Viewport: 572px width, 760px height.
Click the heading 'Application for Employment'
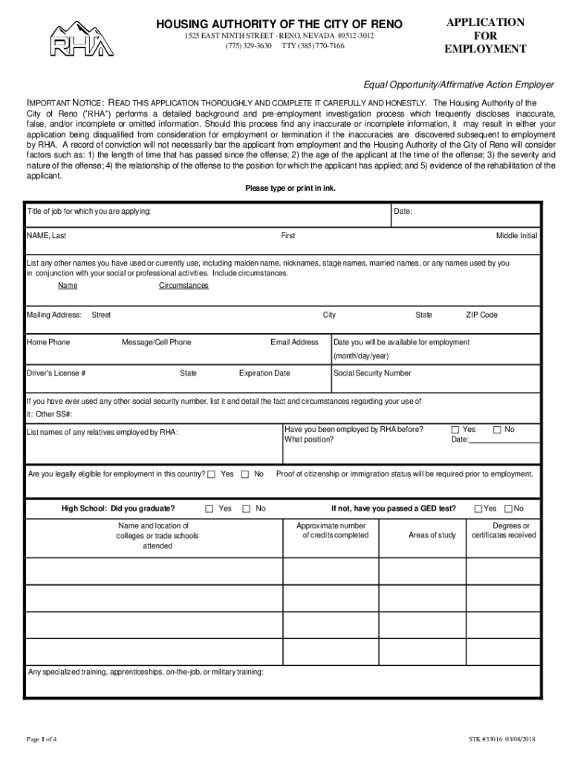point(485,36)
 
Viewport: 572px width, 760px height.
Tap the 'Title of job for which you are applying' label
point(89,212)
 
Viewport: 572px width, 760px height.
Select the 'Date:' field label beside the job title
point(403,212)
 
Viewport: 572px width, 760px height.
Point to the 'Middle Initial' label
point(516,235)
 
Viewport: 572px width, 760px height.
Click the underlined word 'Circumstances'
point(183,286)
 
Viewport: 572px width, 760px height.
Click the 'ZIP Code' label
point(481,315)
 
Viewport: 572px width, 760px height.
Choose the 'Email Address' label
point(294,342)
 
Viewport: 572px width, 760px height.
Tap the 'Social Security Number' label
point(372,373)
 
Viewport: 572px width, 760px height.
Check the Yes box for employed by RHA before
point(455,430)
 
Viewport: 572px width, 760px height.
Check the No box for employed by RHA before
point(497,430)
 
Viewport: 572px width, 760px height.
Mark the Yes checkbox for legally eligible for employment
point(212,474)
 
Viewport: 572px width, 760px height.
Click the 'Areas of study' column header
point(432,535)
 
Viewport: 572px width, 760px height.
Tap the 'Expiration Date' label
point(264,373)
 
